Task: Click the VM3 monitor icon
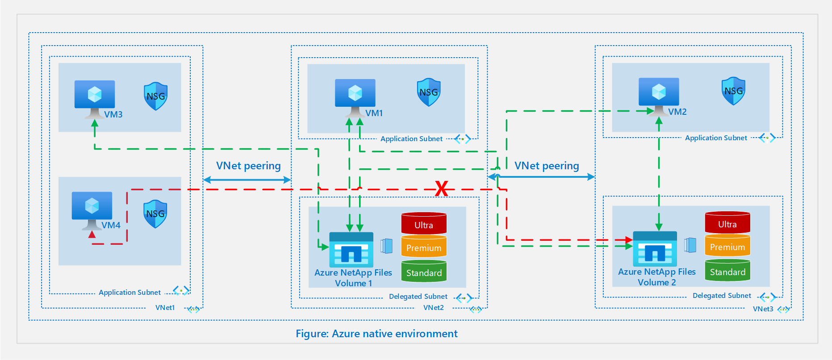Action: coord(95,95)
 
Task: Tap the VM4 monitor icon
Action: coord(92,206)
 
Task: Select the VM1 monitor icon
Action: coord(355,94)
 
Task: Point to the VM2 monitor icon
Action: coord(659,92)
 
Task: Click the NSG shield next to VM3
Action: coord(156,96)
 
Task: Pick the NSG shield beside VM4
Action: coord(155,213)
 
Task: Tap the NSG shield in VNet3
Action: coord(733,91)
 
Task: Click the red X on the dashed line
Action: coord(442,188)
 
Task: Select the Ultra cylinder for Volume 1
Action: coord(424,224)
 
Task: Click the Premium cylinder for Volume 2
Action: coord(727,246)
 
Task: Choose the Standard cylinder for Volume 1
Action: coord(424,272)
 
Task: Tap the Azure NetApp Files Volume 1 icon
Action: coord(351,250)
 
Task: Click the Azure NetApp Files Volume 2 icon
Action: coord(655,249)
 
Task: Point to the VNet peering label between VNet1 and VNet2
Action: coord(248,166)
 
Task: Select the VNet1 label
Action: coord(165,308)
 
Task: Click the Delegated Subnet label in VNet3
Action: coord(722,296)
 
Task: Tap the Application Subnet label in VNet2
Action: coord(411,139)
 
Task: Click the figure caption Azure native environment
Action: coord(376,334)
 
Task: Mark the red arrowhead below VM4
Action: coord(92,234)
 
